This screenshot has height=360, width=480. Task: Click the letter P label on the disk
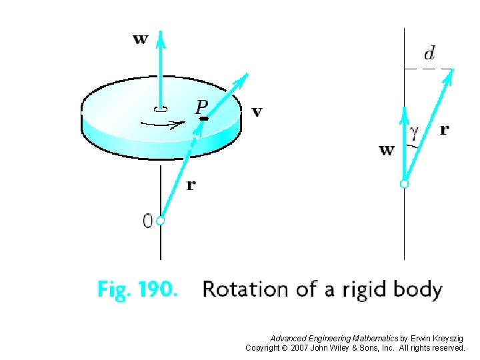click(201, 105)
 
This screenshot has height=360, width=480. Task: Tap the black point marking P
click(203, 119)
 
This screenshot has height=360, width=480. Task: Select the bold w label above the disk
click(140, 39)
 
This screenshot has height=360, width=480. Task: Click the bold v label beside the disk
click(257, 111)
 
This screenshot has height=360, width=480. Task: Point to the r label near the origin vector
click(191, 185)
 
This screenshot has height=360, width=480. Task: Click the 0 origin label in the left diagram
click(147, 221)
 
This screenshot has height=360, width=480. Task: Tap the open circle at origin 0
click(160, 221)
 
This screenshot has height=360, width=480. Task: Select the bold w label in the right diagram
click(386, 149)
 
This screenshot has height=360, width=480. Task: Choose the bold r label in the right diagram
click(444, 130)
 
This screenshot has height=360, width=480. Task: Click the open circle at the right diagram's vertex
click(403, 183)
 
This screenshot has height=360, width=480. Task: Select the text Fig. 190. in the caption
click(137, 289)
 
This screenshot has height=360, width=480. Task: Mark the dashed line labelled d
click(429, 68)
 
